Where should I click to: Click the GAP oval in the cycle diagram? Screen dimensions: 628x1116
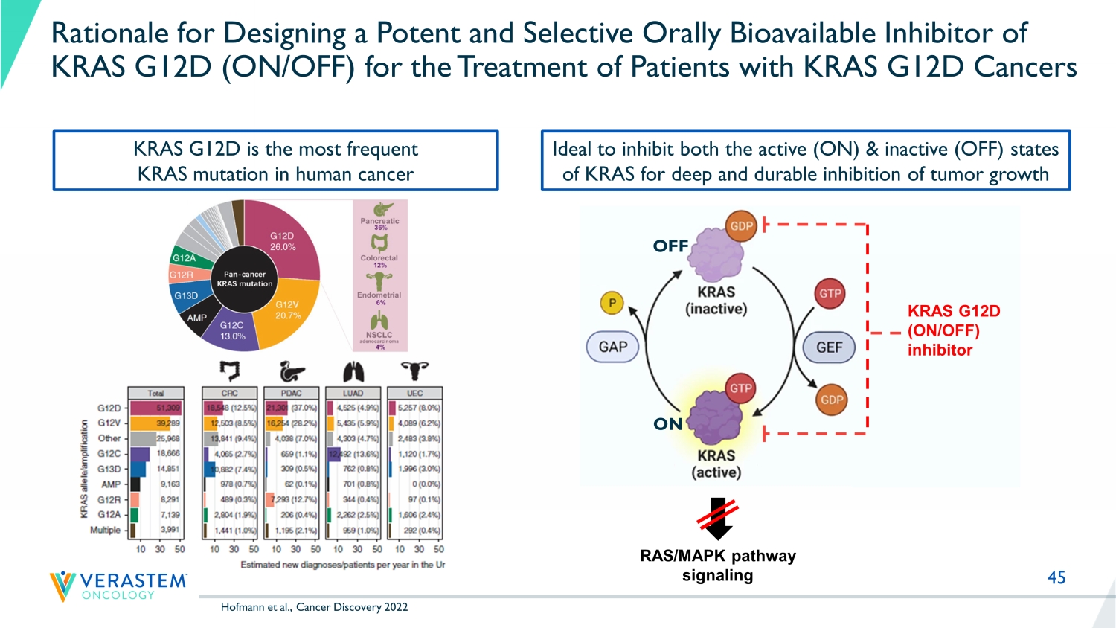[612, 347]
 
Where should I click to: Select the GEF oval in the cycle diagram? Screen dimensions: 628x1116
[829, 347]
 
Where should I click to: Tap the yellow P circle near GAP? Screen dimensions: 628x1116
[612, 303]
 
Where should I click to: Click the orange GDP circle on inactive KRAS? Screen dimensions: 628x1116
[741, 226]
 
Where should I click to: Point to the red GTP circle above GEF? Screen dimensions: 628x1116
[830, 293]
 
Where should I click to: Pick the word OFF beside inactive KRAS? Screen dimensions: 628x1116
[670, 246]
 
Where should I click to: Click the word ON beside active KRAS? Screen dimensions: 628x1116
[667, 424]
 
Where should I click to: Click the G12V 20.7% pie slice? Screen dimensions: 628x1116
[290, 313]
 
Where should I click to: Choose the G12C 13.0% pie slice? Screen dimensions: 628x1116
[233, 330]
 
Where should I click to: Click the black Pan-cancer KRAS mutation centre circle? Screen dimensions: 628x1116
[244, 279]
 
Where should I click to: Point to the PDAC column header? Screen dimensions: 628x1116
[291, 393]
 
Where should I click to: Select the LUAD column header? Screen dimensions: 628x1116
[353, 393]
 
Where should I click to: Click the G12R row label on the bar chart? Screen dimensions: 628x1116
[109, 499]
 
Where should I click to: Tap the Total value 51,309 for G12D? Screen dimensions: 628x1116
[168, 408]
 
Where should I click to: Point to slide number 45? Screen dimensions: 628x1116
[1056, 577]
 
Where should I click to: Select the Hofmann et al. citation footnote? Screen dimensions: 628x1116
[314, 607]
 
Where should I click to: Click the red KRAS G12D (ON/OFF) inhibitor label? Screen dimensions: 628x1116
[952, 330]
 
